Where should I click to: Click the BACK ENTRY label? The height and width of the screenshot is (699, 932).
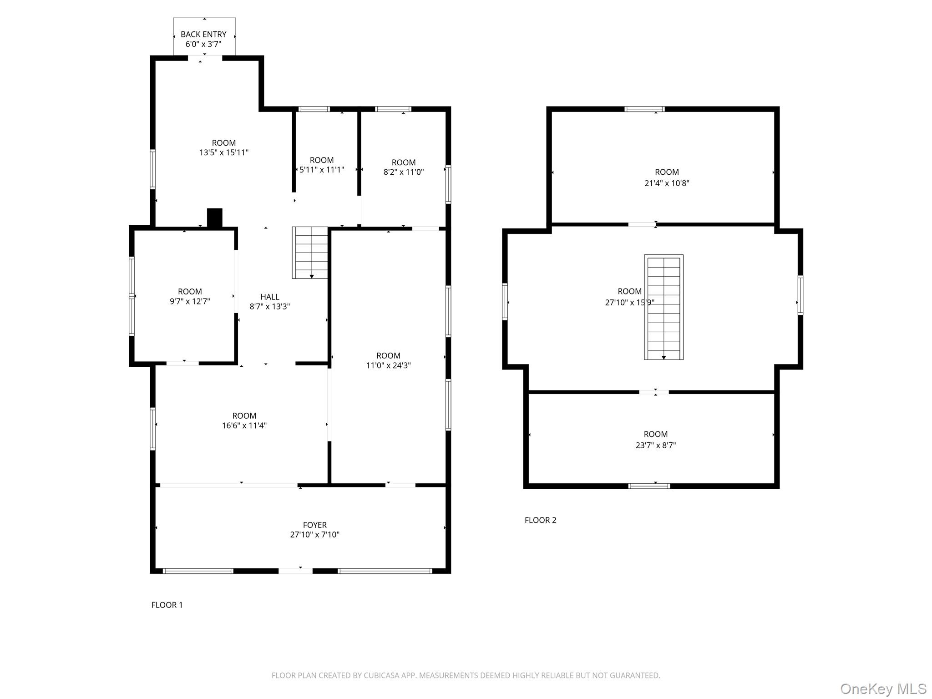(203, 34)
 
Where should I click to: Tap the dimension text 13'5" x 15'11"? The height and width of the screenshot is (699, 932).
(224, 152)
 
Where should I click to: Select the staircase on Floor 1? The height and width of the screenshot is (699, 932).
(310, 253)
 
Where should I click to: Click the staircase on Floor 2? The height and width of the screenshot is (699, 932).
(664, 307)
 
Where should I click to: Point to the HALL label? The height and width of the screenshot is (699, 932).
(270, 297)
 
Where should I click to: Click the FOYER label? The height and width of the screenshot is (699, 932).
(315, 525)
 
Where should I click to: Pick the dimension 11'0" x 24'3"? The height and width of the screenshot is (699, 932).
(388, 365)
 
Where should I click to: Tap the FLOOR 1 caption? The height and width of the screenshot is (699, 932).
(167, 605)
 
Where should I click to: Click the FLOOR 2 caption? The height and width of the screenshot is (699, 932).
(540, 520)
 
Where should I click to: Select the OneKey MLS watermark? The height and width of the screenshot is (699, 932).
(883, 689)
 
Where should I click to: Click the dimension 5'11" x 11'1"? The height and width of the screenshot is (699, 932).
(322, 170)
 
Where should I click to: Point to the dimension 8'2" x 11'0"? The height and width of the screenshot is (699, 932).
(404, 172)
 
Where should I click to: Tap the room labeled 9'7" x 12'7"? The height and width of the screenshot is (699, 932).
(190, 296)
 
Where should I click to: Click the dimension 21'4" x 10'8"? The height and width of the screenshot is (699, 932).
(667, 183)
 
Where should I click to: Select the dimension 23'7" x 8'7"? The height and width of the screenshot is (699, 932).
(655, 446)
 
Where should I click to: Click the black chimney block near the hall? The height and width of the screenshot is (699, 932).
(215, 218)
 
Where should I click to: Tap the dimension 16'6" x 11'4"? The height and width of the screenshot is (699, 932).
(244, 425)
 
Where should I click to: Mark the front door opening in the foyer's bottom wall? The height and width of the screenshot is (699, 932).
(295, 571)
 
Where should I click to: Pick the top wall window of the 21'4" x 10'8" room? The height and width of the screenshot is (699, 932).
(644, 109)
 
